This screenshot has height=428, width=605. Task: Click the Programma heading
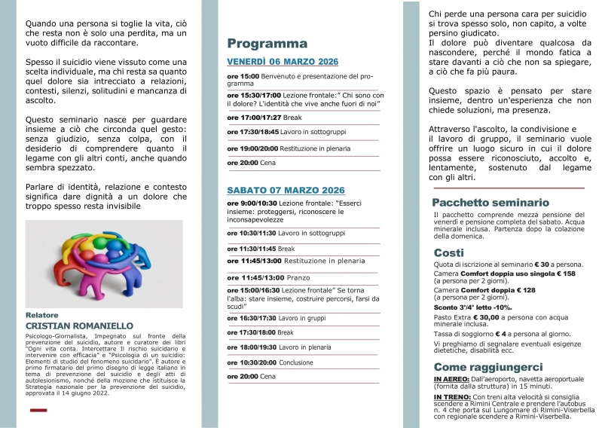pos(267,44)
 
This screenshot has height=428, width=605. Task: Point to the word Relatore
pos(41,315)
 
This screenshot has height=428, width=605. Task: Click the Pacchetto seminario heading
pos(490,203)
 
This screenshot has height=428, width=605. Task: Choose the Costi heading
pos(448,252)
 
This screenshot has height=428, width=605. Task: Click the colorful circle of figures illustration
pos(103,263)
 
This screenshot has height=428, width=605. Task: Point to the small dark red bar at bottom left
pos(38,410)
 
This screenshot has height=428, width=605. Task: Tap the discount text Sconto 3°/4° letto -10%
pos(472,307)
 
